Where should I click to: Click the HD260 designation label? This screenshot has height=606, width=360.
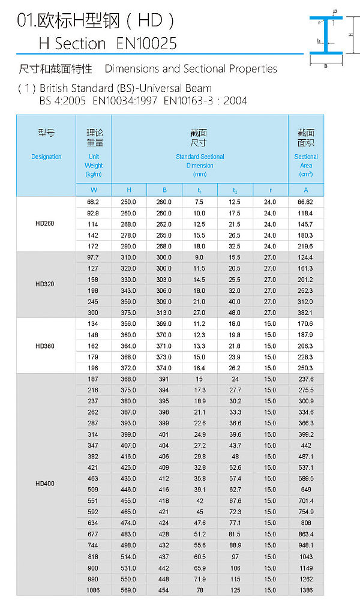tap(45, 224)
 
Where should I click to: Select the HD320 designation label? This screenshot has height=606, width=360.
tap(45, 284)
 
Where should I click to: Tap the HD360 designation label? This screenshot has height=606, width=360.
tap(45, 346)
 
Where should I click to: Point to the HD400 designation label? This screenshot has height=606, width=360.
tap(45, 483)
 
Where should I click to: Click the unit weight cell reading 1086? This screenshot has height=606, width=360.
tap(93, 590)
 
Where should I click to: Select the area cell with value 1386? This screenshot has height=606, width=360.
tap(306, 590)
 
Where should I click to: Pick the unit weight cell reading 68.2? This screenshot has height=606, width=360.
tap(93, 202)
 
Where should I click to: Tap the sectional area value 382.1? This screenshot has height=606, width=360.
tap(306, 313)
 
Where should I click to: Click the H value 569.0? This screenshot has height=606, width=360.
tap(128, 590)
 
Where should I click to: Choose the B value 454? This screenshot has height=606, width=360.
tap(164, 590)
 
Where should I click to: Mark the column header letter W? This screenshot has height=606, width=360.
tap(93, 190)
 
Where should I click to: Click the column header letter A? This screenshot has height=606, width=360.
tap(306, 190)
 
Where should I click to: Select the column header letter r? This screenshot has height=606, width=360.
tap(270, 190)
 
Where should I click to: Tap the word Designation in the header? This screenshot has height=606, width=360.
tap(46, 157)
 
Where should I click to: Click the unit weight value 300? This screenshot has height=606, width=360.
tap(93, 313)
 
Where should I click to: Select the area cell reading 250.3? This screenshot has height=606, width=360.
tap(306, 368)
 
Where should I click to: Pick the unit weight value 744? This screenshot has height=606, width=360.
tap(93, 545)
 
